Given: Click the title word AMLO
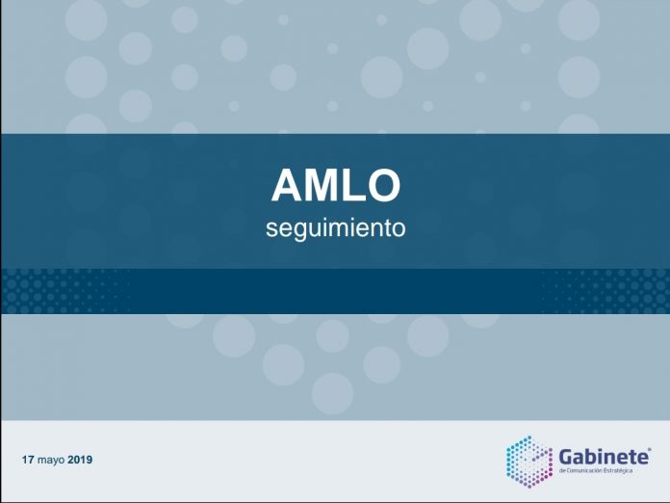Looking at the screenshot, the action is [x=336, y=185].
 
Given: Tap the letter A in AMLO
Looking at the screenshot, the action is [x=287, y=185].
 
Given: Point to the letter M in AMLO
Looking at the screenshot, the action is [x=321, y=185].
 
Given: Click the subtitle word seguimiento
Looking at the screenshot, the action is [x=336, y=228].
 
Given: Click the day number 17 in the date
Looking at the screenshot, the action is [x=28, y=460].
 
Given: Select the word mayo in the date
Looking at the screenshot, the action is [x=51, y=461].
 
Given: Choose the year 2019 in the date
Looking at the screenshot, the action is [x=80, y=460].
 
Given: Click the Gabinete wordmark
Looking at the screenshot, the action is [x=604, y=458].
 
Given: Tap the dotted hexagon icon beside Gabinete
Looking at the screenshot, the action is [x=529, y=462].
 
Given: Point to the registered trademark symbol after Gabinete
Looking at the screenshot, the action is [x=650, y=450].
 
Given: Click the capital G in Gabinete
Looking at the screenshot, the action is [x=567, y=458].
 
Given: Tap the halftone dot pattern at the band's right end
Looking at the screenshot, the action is [x=606, y=291].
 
